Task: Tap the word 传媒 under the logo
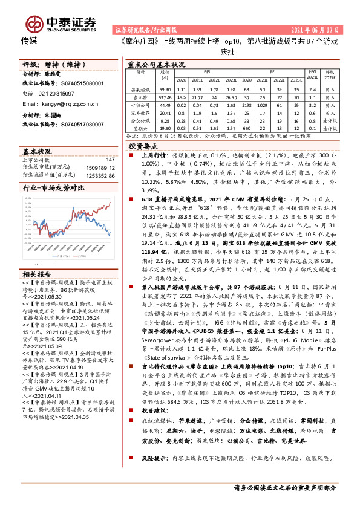pyautogui.click(x=29, y=41)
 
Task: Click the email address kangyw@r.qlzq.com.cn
pyautogui.click(x=56, y=104)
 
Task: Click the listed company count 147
pyautogui.click(x=110, y=159)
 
